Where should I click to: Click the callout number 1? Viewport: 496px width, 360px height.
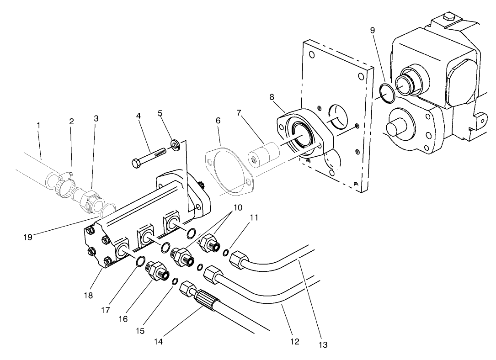click(x=39, y=124)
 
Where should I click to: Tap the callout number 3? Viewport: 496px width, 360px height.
click(x=96, y=118)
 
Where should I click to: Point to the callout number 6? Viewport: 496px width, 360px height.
click(x=218, y=121)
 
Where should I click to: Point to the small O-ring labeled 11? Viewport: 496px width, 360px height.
click(x=226, y=253)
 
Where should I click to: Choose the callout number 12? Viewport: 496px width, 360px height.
click(x=295, y=341)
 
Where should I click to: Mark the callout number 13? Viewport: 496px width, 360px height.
click(x=323, y=344)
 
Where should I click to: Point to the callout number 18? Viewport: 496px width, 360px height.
click(x=89, y=296)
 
